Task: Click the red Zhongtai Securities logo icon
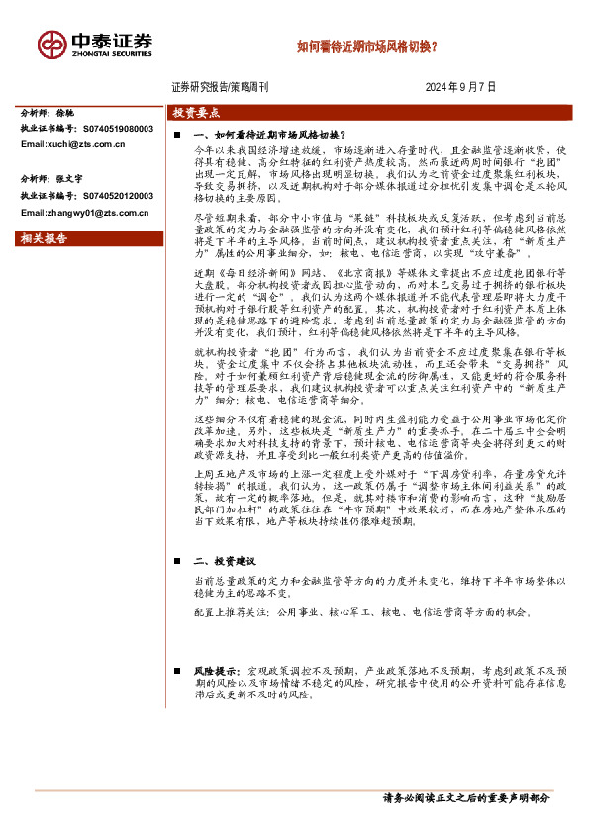coord(52,45)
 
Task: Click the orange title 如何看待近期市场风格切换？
coord(368,46)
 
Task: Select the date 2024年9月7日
coord(461,87)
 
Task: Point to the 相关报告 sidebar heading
coord(45,238)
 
